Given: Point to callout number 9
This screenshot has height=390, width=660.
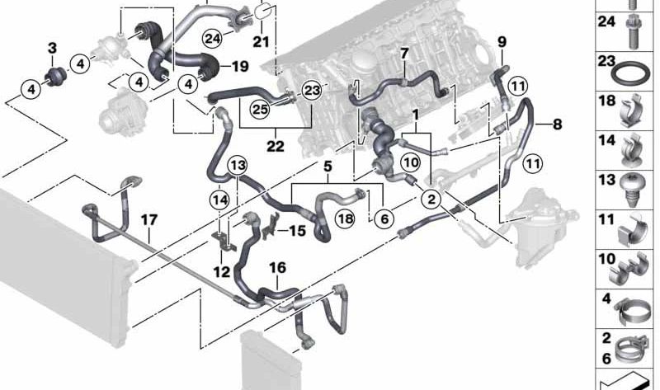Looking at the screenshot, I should click(x=502, y=41).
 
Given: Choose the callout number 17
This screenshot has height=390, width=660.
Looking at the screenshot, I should click(x=148, y=220).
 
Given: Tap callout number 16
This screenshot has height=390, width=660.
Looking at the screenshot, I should click(x=277, y=267).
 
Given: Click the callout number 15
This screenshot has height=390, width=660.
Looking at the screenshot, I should click(x=296, y=232).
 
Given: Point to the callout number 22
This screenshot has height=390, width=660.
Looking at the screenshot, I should click(x=275, y=147).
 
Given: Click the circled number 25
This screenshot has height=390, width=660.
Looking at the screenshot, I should click(x=261, y=107).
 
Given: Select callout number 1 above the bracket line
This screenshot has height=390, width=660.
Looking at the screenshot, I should click(x=416, y=111).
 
